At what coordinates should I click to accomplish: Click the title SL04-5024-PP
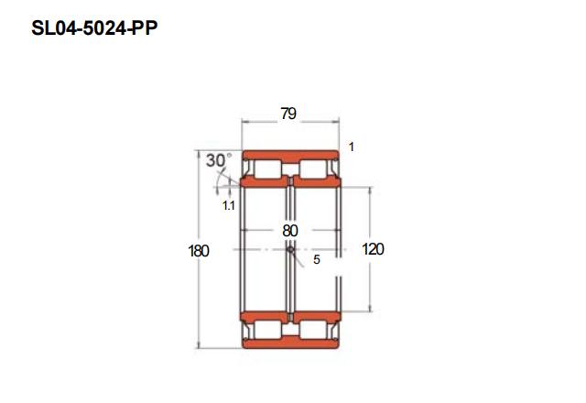click(94, 28)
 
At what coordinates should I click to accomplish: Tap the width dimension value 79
click(288, 114)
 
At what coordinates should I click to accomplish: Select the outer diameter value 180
click(199, 251)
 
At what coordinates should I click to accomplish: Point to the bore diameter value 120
click(373, 249)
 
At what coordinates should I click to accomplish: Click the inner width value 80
click(290, 231)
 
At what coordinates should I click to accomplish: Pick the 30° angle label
click(219, 160)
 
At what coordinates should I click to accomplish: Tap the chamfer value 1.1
click(228, 205)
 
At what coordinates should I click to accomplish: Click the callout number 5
click(317, 259)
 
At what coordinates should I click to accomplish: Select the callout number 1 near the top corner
click(351, 147)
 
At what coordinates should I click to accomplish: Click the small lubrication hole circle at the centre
click(290, 250)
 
